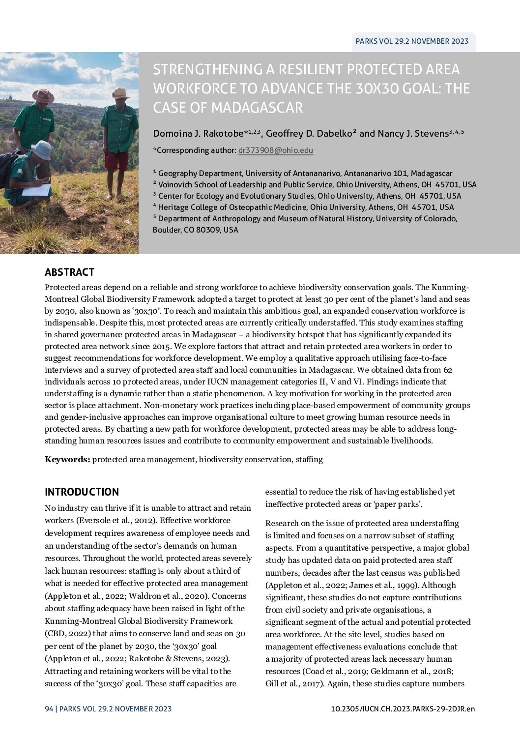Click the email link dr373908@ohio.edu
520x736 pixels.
click(x=275, y=150)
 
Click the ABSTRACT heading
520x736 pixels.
click(x=69, y=272)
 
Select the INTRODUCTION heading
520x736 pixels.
click(x=82, y=492)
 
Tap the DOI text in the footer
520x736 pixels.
click(x=403, y=708)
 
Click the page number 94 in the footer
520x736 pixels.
click(x=49, y=708)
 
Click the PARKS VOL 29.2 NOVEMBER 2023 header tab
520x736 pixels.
click(x=412, y=41)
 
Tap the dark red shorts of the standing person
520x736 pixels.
click(x=116, y=160)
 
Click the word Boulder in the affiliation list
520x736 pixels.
click(x=167, y=230)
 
